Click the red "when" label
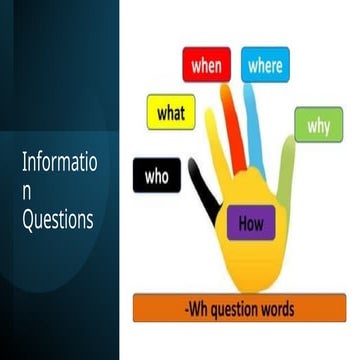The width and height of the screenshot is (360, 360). pyautogui.click(x=206, y=66)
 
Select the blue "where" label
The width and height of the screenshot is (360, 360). pyautogui.click(x=265, y=65)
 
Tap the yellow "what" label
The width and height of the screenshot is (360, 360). pyautogui.click(x=171, y=112)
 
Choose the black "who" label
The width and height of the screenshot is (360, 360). pyautogui.click(x=157, y=177)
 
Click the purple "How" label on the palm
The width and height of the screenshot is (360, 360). pyautogui.click(x=251, y=223)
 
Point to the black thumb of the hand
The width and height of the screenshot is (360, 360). pyautogui.click(x=205, y=195)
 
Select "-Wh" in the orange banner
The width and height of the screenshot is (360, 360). pyautogui.click(x=196, y=307)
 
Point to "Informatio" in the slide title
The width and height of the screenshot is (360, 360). pyautogui.click(x=61, y=163)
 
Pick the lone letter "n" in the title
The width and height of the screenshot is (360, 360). pyautogui.click(x=28, y=191)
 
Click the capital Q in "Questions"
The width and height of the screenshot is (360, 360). pyautogui.click(x=29, y=219)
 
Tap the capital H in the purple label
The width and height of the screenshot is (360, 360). pyautogui.click(x=242, y=223)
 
